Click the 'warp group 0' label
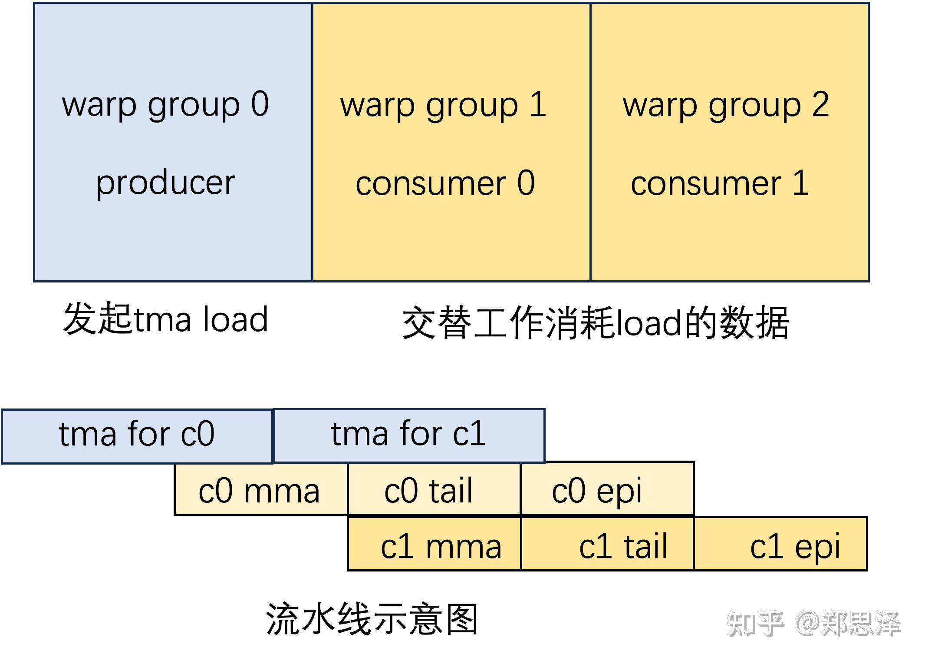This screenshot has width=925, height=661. click(165, 105)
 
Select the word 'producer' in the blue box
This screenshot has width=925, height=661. click(165, 183)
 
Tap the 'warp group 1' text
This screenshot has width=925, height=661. click(443, 106)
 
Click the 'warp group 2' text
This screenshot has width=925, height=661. click(726, 106)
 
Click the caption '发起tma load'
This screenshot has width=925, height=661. click(165, 319)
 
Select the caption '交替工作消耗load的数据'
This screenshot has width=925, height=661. click(595, 323)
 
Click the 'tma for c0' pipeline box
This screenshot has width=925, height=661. click(137, 436)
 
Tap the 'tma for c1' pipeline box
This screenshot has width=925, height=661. click(409, 435)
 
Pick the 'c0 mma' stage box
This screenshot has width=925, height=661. click(260, 490)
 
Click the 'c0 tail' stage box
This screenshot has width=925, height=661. click(434, 490)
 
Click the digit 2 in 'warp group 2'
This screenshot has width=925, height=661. click(820, 105)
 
